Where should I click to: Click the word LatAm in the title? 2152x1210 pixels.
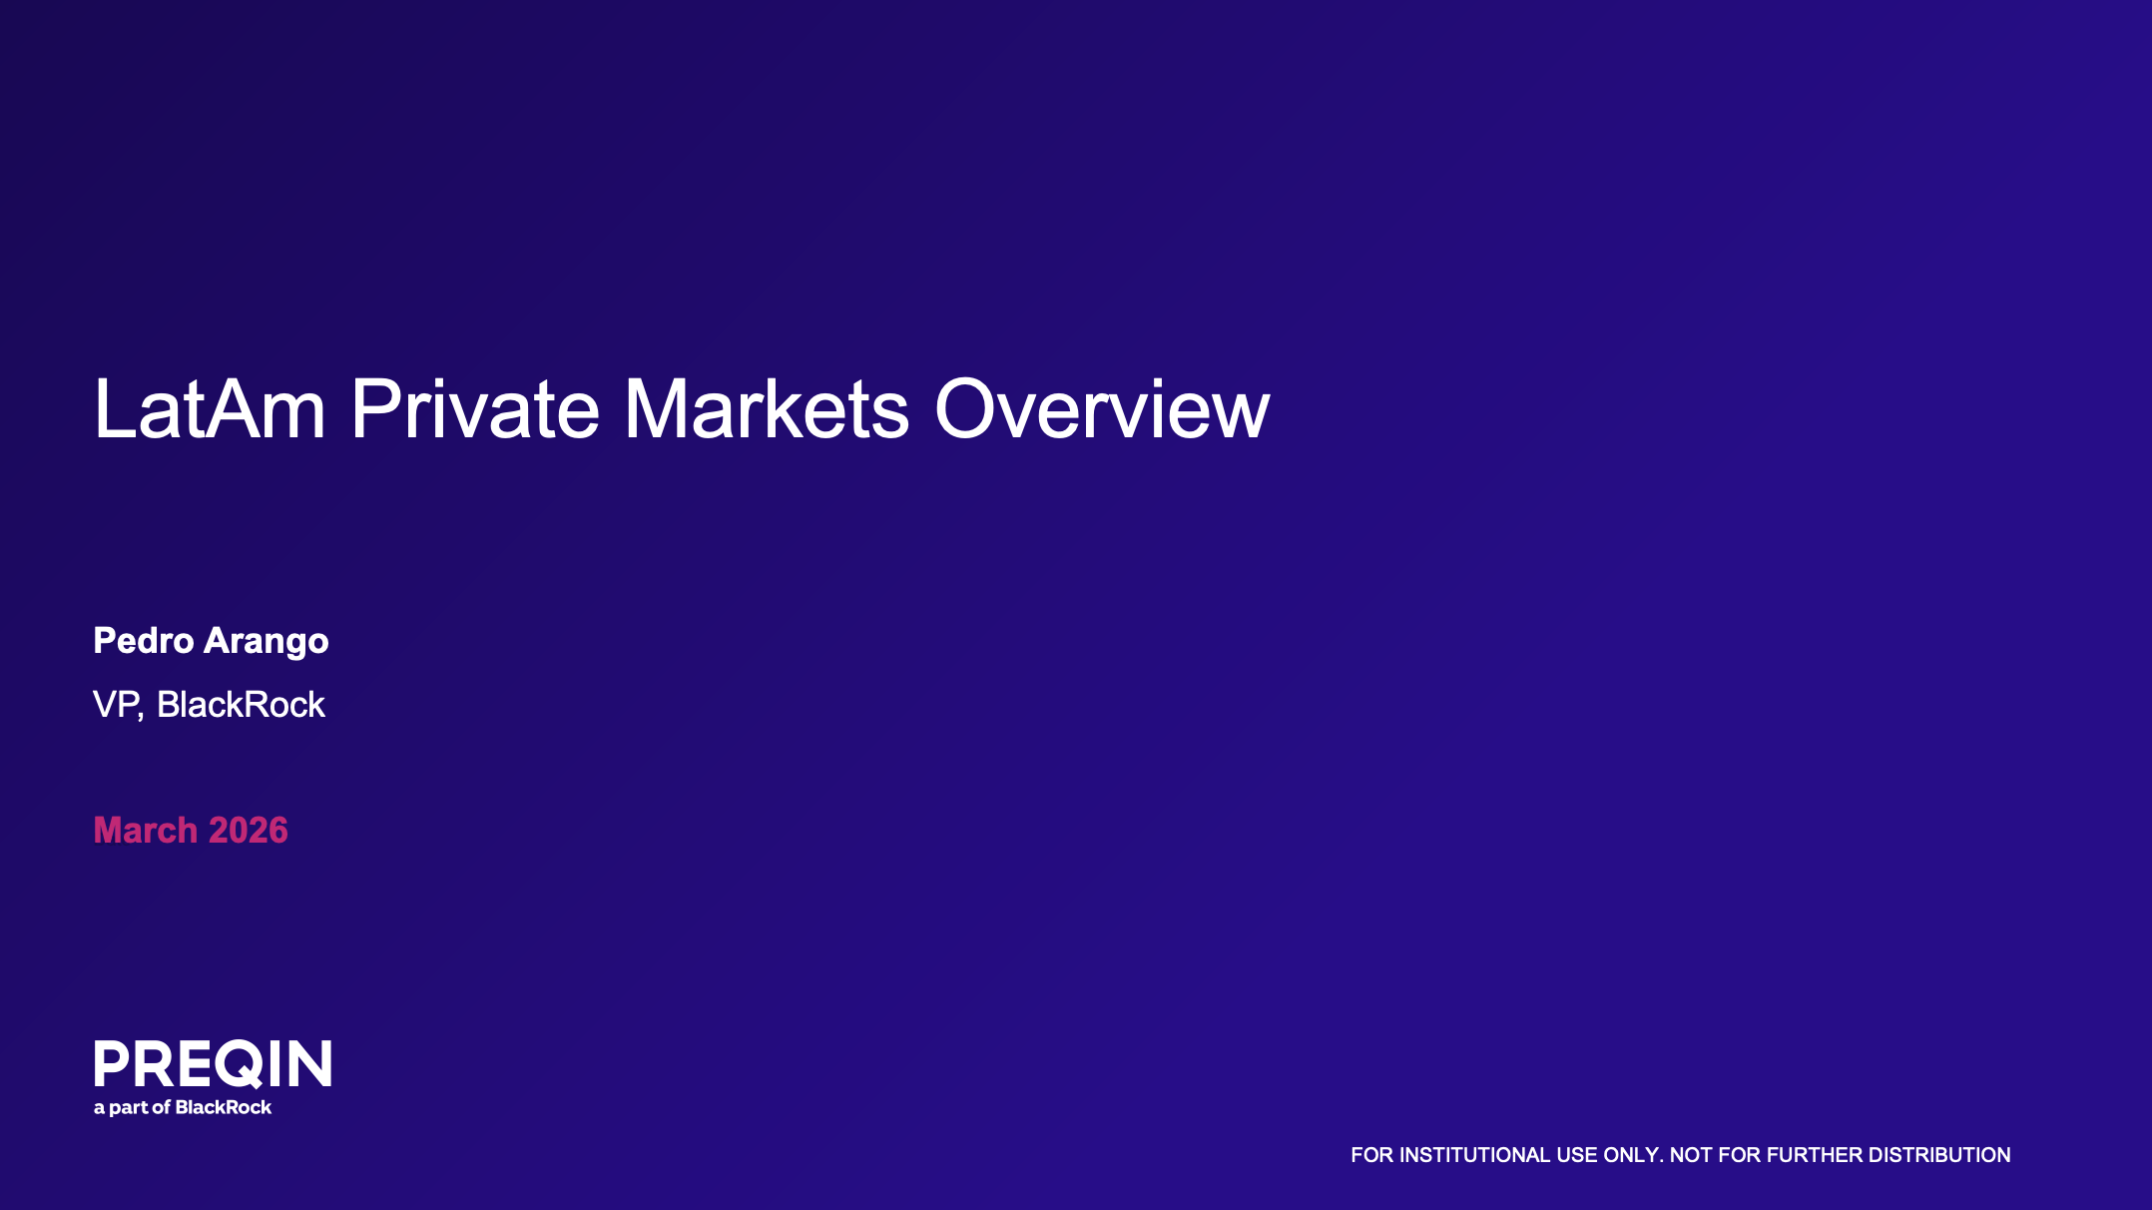[210, 408]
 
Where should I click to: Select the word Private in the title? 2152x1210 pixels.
[475, 408]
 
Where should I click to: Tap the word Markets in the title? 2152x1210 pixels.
[767, 408]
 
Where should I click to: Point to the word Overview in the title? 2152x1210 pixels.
[1102, 408]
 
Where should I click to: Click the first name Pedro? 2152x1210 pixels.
[144, 640]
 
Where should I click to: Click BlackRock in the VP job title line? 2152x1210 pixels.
[241, 705]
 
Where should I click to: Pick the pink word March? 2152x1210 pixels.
[146, 830]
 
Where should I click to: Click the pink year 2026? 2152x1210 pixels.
[249, 830]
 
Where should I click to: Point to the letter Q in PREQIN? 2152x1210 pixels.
[238, 1064]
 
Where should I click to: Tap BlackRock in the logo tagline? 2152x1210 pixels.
[223, 1107]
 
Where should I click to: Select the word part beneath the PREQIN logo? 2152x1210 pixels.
[128, 1108]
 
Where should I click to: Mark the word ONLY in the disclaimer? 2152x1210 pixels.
[1634, 1155]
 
